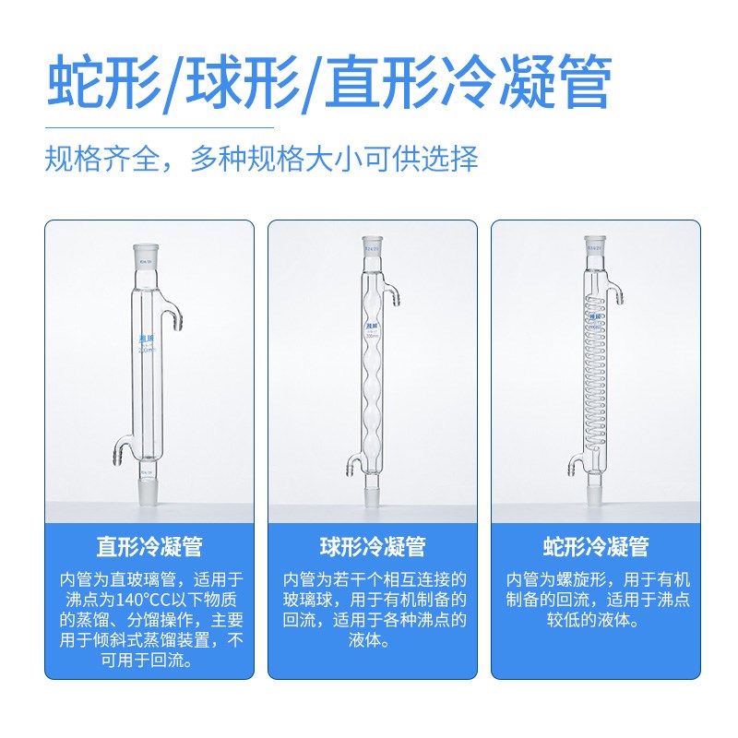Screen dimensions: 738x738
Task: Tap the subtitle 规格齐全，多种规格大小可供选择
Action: pyautogui.click(x=261, y=159)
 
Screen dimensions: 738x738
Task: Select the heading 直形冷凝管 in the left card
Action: pyautogui.click(x=149, y=546)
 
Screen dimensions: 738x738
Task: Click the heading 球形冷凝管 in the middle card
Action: pyautogui.click(x=372, y=546)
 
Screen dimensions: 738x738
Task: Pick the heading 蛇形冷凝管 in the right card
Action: pyautogui.click(x=595, y=546)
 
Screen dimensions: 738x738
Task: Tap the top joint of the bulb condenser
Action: pyautogui.click(x=372, y=247)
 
